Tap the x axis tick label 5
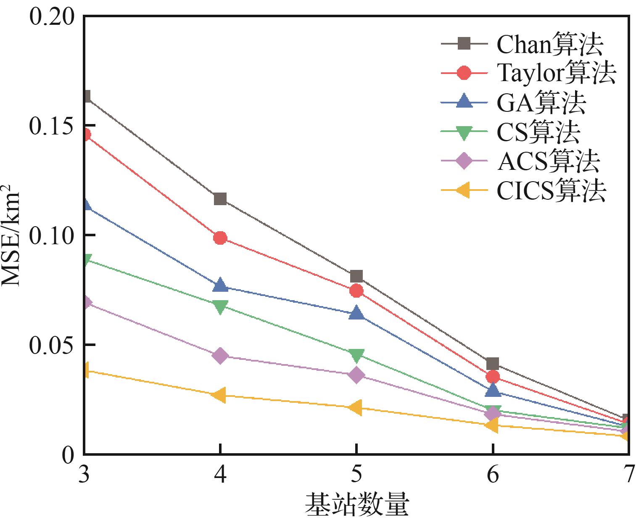click(x=356, y=475)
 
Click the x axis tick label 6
click(x=493, y=475)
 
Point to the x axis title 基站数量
click(x=356, y=505)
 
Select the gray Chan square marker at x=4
click(x=220, y=199)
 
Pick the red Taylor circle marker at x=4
click(x=220, y=238)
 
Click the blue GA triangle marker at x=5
click(x=356, y=313)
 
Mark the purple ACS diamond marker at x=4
click(x=220, y=356)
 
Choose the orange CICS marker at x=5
click(x=356, y=408)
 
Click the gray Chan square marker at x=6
click(x=493, y=364)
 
